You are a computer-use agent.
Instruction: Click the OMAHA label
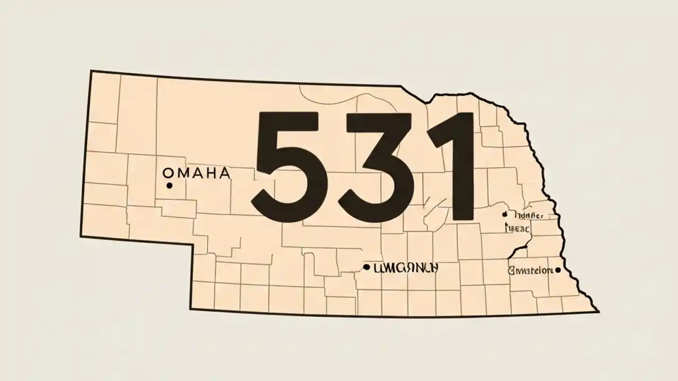point(196,173)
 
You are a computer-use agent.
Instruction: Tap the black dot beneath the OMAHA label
point(169,185)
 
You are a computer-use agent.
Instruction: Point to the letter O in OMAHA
point(167,173)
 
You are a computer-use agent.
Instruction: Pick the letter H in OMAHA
point(209,173)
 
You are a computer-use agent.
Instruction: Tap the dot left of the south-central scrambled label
point(366,268)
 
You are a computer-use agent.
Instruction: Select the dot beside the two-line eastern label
point(504,214)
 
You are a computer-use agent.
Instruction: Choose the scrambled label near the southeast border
point(530,270)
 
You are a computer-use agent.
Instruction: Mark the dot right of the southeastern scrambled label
point(558,270)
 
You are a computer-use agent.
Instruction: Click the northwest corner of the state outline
point(91,71)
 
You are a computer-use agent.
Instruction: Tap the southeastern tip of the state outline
point(599,312)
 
